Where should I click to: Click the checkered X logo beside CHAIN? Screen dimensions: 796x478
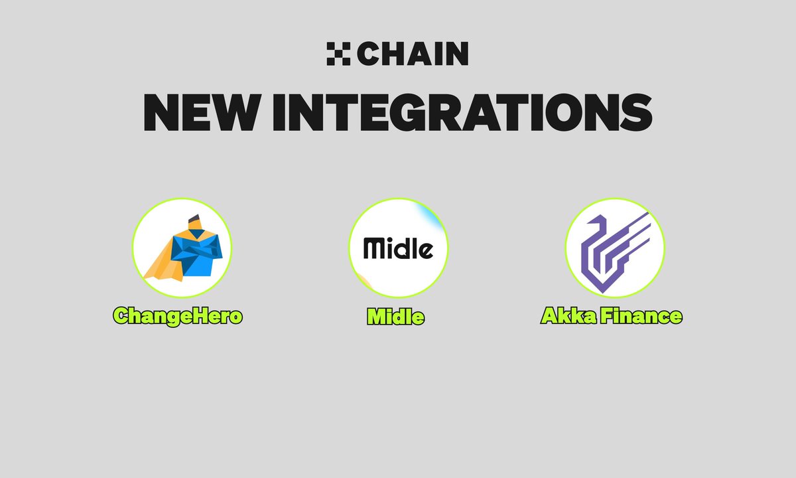coord(338,54)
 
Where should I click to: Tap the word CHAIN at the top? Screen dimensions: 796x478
coord(413,54)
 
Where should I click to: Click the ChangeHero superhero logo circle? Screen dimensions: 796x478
coord(182,248)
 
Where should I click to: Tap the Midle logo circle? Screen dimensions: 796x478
coord(399,248)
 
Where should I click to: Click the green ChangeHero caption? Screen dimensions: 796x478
coord(178,316)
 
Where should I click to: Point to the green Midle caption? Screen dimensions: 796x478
coord(396,316)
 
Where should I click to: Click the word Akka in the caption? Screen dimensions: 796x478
coord(568,316)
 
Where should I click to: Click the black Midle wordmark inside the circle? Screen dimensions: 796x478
coord(399,248)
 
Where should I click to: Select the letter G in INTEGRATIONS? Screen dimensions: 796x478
coord(407,112)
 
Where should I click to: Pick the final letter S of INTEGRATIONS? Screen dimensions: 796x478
coord(636,112)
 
